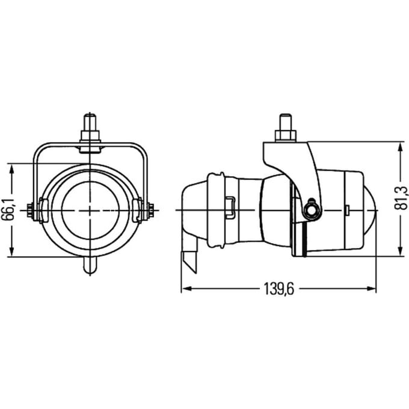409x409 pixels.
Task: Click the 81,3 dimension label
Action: coord(402,197)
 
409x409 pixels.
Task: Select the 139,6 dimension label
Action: coord(279,289)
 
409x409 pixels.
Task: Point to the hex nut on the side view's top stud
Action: coord(285,136)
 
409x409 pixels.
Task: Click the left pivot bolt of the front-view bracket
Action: coord(30,211)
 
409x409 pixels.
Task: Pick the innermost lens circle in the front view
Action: coord(90,210)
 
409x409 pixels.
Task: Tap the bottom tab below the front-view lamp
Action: coord(90,265)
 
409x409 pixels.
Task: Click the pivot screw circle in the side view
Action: coord(311,211)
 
